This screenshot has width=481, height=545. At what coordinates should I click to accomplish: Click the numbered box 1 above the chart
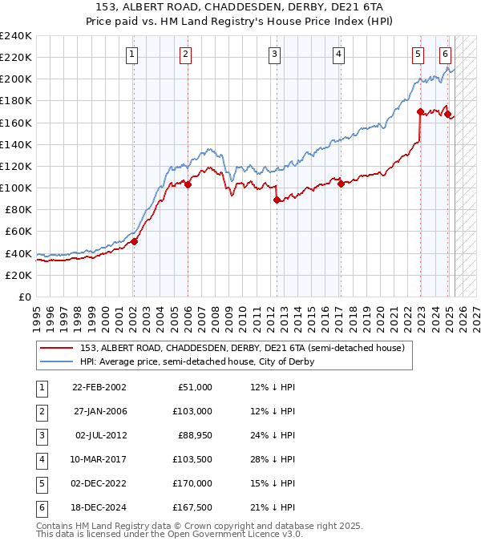131,54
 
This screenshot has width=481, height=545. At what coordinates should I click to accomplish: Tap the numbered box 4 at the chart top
339,54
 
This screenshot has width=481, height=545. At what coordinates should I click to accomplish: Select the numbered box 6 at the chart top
445,54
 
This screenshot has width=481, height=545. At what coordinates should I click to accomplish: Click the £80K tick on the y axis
18,209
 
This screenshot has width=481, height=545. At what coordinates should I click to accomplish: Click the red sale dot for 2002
134,241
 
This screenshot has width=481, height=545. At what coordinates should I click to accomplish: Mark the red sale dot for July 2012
277,200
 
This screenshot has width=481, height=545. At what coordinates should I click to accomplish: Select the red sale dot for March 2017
341,184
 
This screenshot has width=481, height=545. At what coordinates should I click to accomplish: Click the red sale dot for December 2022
420,111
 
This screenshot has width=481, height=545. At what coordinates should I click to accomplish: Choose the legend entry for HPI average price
196,361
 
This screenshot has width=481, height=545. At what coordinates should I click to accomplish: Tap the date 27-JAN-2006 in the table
99,411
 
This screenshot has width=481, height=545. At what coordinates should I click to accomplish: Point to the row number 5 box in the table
39,483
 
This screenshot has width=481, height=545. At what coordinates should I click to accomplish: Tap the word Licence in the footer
253,535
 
